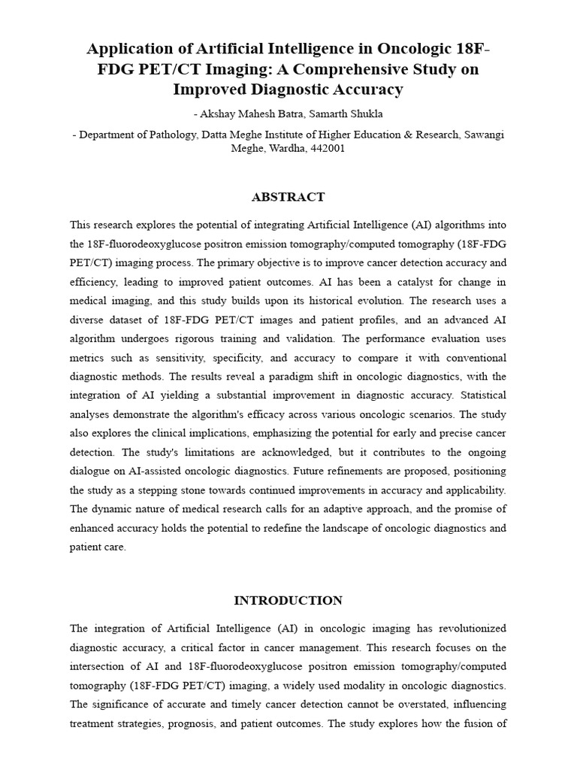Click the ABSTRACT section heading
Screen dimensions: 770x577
288,197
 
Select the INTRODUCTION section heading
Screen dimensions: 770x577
288,600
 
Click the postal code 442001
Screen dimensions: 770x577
326,148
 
